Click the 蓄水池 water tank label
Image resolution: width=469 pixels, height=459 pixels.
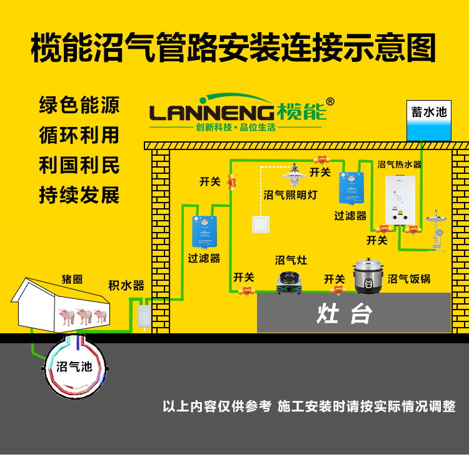point(429,112)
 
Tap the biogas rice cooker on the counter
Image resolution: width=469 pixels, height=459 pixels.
point(367,275)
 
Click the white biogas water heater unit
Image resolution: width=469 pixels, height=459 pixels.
point(400,198)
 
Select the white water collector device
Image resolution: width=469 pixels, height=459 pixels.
point(144,314)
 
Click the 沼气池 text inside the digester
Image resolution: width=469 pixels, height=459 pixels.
point(74,366)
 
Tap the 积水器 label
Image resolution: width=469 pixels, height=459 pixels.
point(126,286)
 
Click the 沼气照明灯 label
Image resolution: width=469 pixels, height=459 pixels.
point(291,195)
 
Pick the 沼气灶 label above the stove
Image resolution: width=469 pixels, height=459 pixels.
point(291,260)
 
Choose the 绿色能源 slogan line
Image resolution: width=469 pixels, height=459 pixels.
point(79,104)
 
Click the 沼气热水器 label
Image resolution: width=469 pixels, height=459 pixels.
point(400,165)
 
